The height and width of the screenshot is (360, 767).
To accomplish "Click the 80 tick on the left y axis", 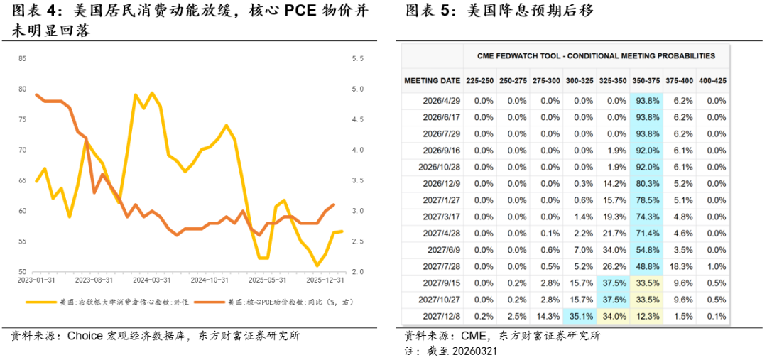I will [23, 89].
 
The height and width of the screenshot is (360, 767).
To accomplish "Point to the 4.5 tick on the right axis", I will [357, 89].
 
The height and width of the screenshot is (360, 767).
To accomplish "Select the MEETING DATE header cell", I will [432, 80].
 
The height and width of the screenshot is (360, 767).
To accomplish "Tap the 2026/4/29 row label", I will [441, 101].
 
